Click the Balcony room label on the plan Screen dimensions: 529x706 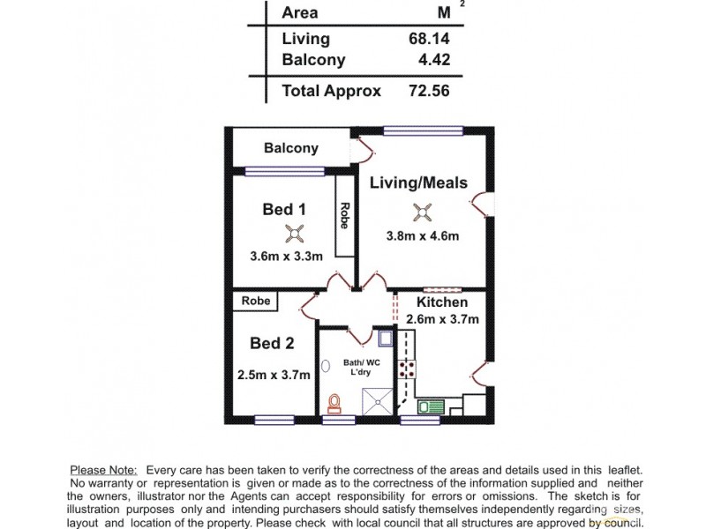click(x=291, y=148)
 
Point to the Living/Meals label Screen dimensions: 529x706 click(x=418, y=183)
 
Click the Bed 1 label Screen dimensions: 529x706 click(x=284, y=210)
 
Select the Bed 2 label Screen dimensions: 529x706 click(x=273, y=343)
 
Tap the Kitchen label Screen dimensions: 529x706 click(x=443, y=302)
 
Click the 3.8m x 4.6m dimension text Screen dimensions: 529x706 click(x=423, y=235)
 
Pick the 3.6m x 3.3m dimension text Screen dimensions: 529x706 click(x=287, y=257)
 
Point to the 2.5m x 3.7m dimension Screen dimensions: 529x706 click(x=274, y=375)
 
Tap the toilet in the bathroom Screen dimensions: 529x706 click(x=334, y=404)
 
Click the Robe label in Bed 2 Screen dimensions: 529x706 click(x=255, y=302)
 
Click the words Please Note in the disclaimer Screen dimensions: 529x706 click(x=103, y=471)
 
